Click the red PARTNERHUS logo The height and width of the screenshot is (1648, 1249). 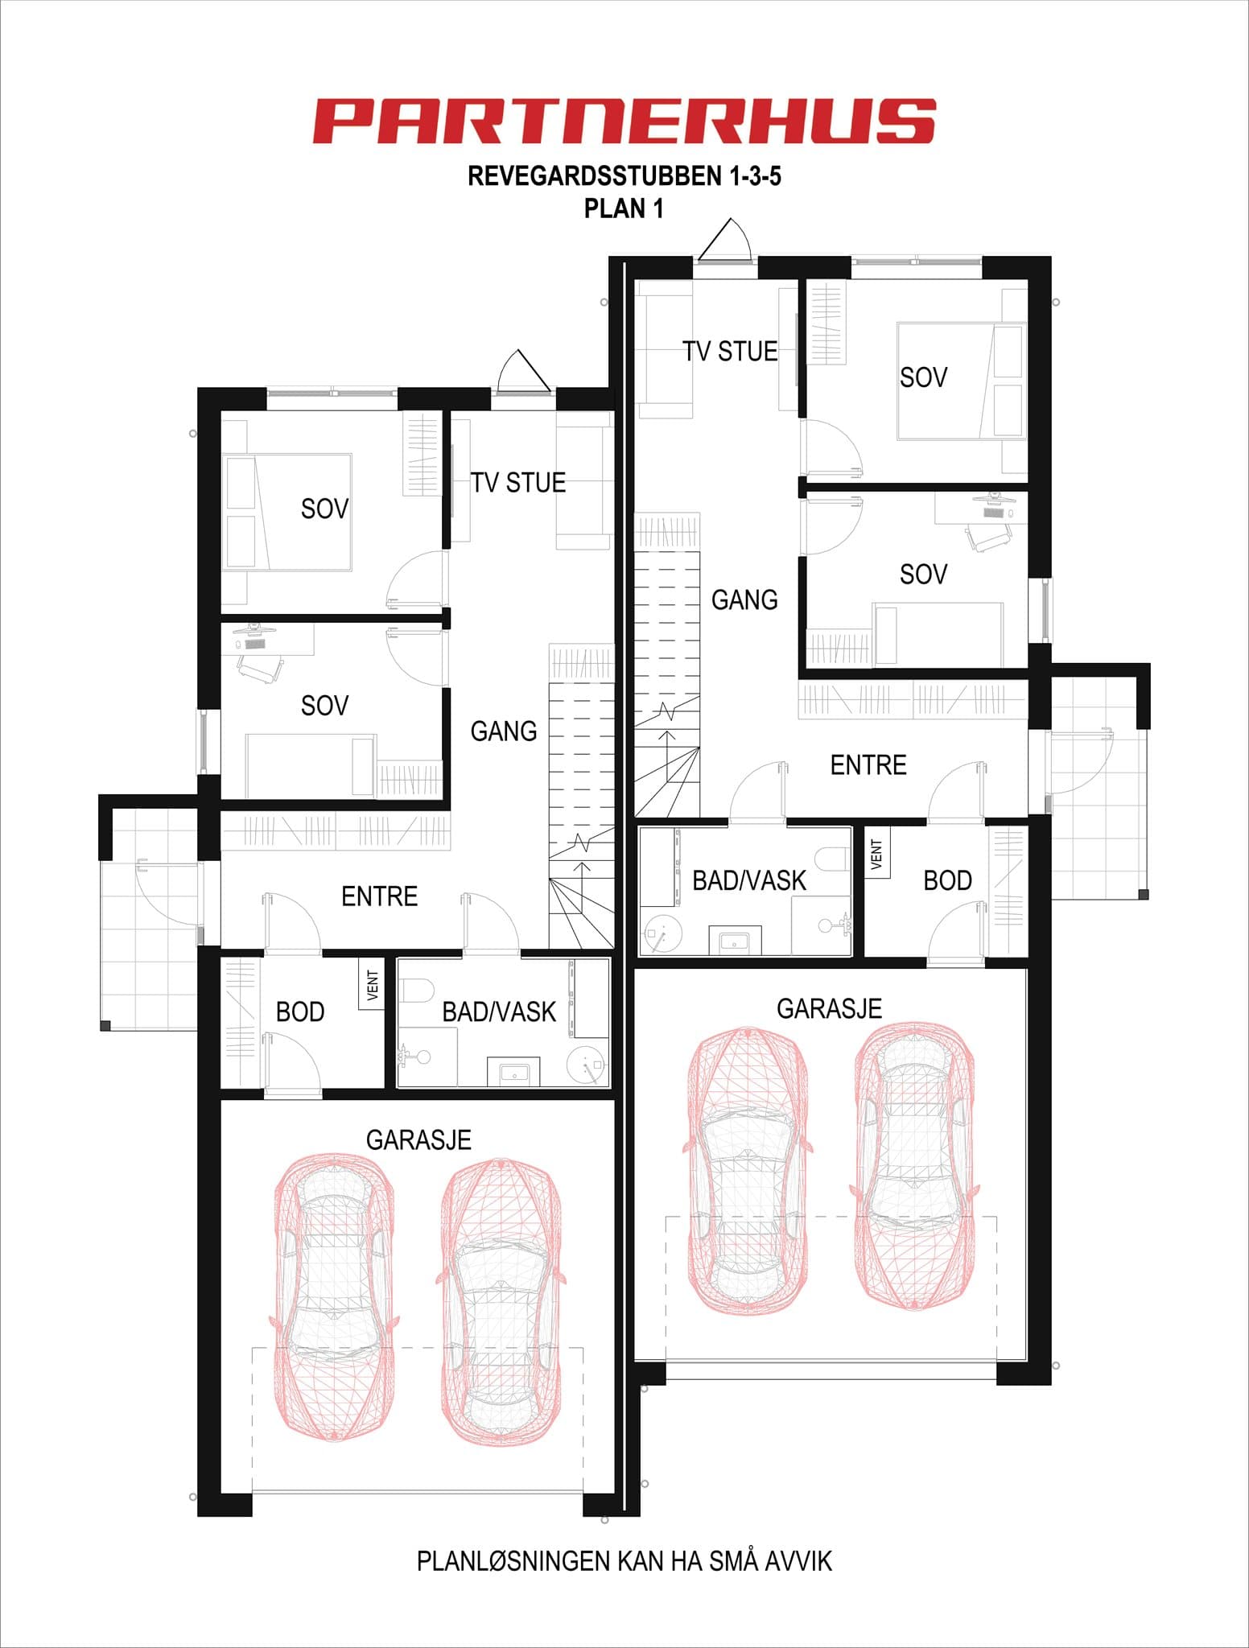coord(624,122)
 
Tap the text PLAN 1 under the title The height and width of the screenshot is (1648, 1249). coord(624,208)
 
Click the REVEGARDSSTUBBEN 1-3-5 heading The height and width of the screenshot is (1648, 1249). coord(624,176)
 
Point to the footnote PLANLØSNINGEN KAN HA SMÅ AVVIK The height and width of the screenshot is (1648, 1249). coord(624,1561)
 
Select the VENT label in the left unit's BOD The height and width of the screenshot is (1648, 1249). coord(372,985)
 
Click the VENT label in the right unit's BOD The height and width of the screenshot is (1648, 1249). coord(877,854)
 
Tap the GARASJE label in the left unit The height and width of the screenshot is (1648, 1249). coord(418,1139)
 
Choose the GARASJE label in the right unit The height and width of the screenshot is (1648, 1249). coord(829,1008)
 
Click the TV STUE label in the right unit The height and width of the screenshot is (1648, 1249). coord(730,351)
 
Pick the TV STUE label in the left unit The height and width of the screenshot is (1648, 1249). coord(518,482)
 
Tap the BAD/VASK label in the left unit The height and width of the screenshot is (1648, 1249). coord(499,1011)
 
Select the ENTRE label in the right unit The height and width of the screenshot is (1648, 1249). coord(868,764)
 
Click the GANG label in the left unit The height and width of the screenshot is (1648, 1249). coord(504,731)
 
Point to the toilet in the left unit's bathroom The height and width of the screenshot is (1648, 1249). coord(416,989)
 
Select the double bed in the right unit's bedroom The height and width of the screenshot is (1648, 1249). coord(962,381)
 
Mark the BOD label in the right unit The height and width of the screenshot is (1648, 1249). coord(947,880)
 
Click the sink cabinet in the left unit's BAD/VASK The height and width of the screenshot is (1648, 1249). coord(513,1072)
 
